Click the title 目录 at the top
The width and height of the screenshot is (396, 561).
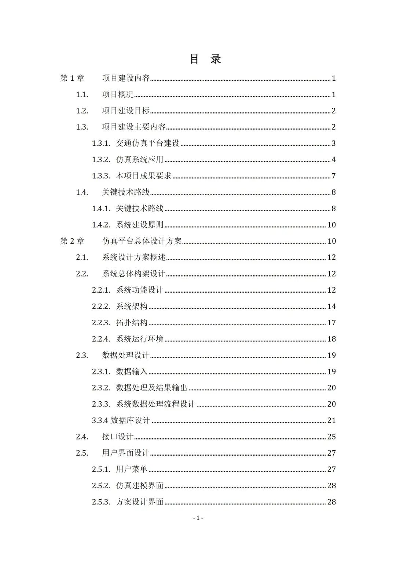[x=205, y=59]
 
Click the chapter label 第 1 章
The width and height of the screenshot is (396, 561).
[x=72, y=78]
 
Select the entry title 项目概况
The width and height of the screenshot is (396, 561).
[x=118, y=95]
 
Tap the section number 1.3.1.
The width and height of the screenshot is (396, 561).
[x=101, y=143]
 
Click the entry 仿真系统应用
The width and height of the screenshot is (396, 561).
[x=140, y=160]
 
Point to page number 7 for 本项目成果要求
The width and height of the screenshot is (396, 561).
[x=334, y=176]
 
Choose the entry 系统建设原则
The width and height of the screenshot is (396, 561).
[x=140, y=225]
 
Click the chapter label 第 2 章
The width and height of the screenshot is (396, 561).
[x=72, y=241]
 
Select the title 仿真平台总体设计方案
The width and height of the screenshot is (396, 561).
[x=142, y=241]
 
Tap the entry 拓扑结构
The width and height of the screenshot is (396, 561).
[x=132, y=323]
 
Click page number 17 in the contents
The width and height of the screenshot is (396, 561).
[x=331, y=323]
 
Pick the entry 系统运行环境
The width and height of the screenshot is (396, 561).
[x=140, y=339]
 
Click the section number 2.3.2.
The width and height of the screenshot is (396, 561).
[x=101, y=388]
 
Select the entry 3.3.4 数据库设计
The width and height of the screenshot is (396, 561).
[x=121, y=420]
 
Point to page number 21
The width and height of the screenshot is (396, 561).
[x=331, y=420]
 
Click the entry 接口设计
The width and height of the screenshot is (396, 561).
[x=118, y=437]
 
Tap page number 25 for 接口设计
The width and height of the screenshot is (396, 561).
[x=331, y=437]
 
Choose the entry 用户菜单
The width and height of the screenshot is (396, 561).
[x=132, y=469]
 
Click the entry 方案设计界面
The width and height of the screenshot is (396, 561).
[x=140, y=502]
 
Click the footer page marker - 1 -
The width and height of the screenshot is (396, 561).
[x=198, y=518]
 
